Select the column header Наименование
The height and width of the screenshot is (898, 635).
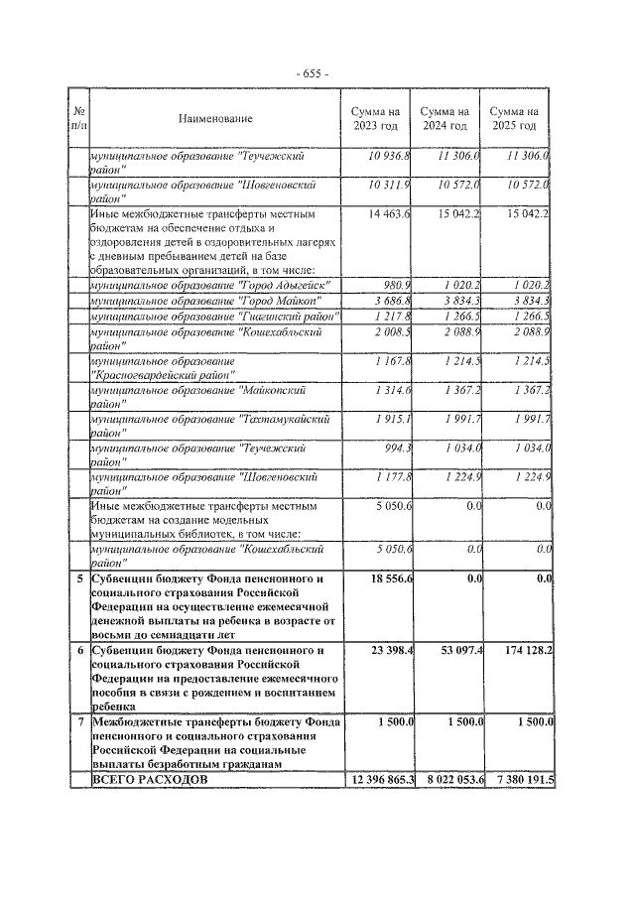click(215, 119)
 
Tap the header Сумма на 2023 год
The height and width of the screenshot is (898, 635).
click(375, 119)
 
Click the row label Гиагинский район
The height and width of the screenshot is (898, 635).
click(213, 316)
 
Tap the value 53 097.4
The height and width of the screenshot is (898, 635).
click(456, 650)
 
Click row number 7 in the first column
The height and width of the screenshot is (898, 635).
click(78, 722)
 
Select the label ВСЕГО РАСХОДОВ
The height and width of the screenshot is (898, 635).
click(150, 781)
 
